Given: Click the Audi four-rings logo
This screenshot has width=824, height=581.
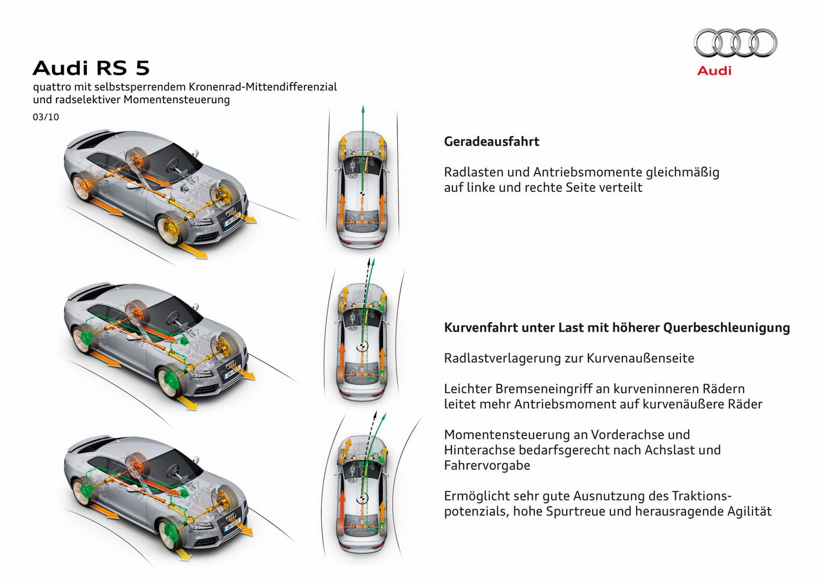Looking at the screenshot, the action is coord(735,43).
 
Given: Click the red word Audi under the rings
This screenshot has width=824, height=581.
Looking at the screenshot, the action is coord(714,71).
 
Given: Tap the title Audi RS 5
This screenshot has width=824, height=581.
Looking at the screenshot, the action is coord(91,68).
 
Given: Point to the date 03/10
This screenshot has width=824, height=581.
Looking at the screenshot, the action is coord(46,117).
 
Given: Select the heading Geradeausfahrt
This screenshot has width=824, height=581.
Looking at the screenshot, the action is coord(491,142).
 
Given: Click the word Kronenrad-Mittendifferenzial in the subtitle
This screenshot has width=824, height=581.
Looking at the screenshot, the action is coord(263,87).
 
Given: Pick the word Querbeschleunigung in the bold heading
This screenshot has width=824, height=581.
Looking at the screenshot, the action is coord(727,328).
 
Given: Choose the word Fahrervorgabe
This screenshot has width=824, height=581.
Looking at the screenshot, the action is coord(487,466).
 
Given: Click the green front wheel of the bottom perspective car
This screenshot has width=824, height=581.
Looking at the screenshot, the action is coord(173,533).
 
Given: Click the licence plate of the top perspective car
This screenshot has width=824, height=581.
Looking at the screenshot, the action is coord(231,220).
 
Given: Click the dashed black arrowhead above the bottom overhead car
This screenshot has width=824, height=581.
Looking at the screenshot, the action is coord(375,414).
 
